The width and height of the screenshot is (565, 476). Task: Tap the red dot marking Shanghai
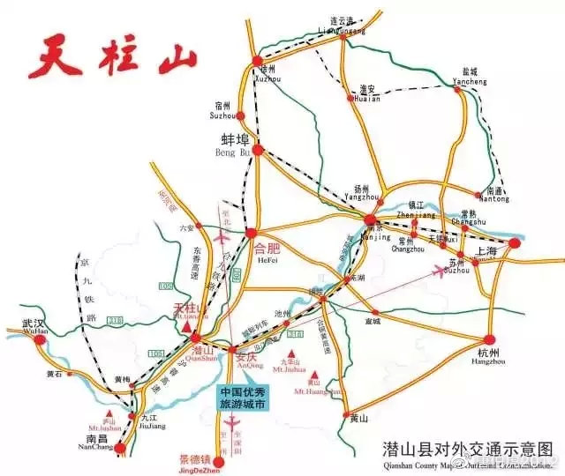tap(515, 243)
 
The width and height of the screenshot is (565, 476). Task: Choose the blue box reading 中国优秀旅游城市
tap(243, 398)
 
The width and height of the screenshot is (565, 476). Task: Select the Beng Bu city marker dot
tap(258, 150)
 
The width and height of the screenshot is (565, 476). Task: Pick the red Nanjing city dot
tap(371, 220)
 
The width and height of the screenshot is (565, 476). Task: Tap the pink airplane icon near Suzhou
tap(438, 271)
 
